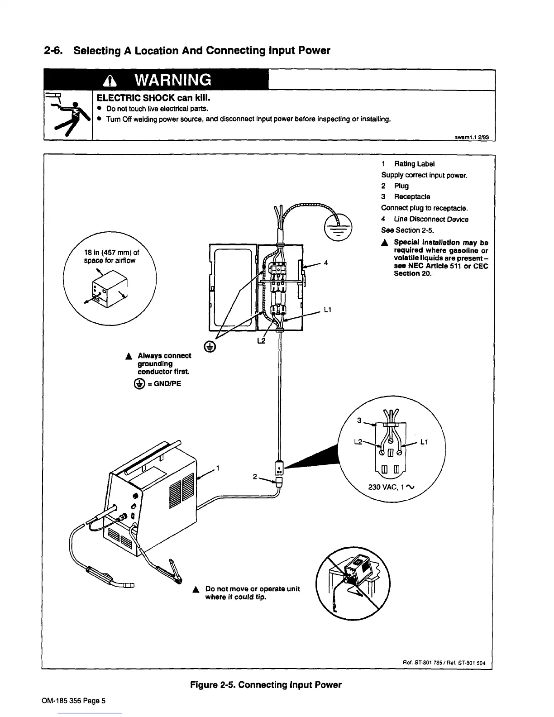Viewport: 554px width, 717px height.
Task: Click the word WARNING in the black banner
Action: (x=173, y=80)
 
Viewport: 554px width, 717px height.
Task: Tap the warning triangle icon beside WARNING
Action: (x=110, y=81)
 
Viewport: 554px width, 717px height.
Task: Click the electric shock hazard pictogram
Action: (x=68, y=116)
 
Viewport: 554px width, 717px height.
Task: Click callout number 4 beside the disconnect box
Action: (x=326, y=263)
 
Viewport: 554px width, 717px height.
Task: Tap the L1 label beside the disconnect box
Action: (x=328, y=310)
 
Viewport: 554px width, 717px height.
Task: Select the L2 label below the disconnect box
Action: (x=261, y=340)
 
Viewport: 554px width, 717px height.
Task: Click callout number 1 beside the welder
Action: (x=218, y=468)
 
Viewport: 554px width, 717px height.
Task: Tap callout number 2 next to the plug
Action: (x=255, y=477)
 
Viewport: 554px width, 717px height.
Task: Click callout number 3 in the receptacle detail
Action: (x=358, y=421)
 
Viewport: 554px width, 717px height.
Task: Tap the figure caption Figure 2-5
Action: (x=266, y=685)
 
